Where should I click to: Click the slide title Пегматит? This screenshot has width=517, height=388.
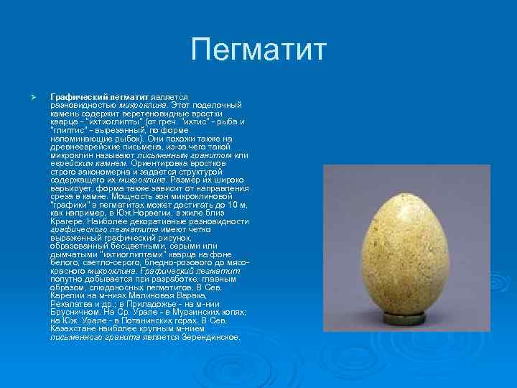[x=258, y=51]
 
